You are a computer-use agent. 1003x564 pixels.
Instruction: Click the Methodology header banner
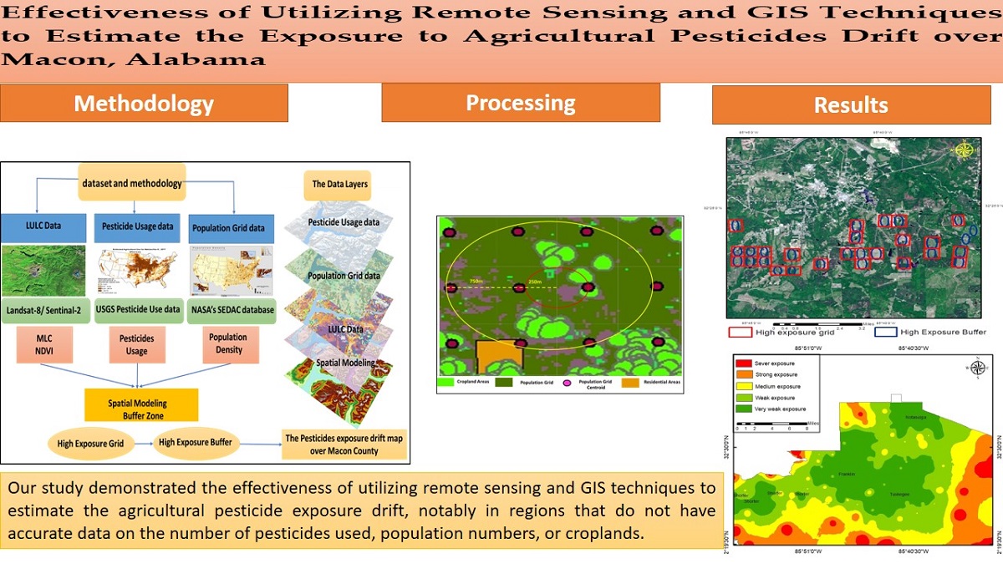point(144,104)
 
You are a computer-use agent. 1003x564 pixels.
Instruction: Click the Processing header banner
point(520,103)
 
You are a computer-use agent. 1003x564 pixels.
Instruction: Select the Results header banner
point(850,104)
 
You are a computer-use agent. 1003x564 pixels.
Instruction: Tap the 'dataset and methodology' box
point(132,183)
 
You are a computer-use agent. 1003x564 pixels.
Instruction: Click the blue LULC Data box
point(43,227)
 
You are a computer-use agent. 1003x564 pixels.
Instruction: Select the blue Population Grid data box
point(233,228)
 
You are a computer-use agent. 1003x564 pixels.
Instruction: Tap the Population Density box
point(228,343)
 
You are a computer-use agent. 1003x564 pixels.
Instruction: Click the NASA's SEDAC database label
point(233,309)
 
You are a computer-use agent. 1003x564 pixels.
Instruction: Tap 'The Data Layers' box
point(339,184)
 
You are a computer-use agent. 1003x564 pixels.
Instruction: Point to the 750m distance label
point(476,282)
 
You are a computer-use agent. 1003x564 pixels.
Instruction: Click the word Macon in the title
point(36,59)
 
